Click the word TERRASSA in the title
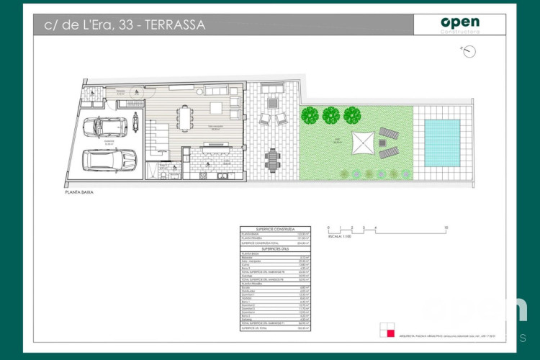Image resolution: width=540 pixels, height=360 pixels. coord(175,24)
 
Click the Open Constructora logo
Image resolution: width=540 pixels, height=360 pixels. coord(459,24)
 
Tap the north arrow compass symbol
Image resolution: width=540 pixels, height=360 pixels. coord(469,51)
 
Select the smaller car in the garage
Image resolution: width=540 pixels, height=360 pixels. coord(107,127)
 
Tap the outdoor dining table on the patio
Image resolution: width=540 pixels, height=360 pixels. coord(272,157)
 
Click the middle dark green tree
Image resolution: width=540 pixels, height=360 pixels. coord(330,114)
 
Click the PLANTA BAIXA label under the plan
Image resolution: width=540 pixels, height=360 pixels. coord(79,193)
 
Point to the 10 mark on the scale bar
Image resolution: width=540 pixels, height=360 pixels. coord(447,227)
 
